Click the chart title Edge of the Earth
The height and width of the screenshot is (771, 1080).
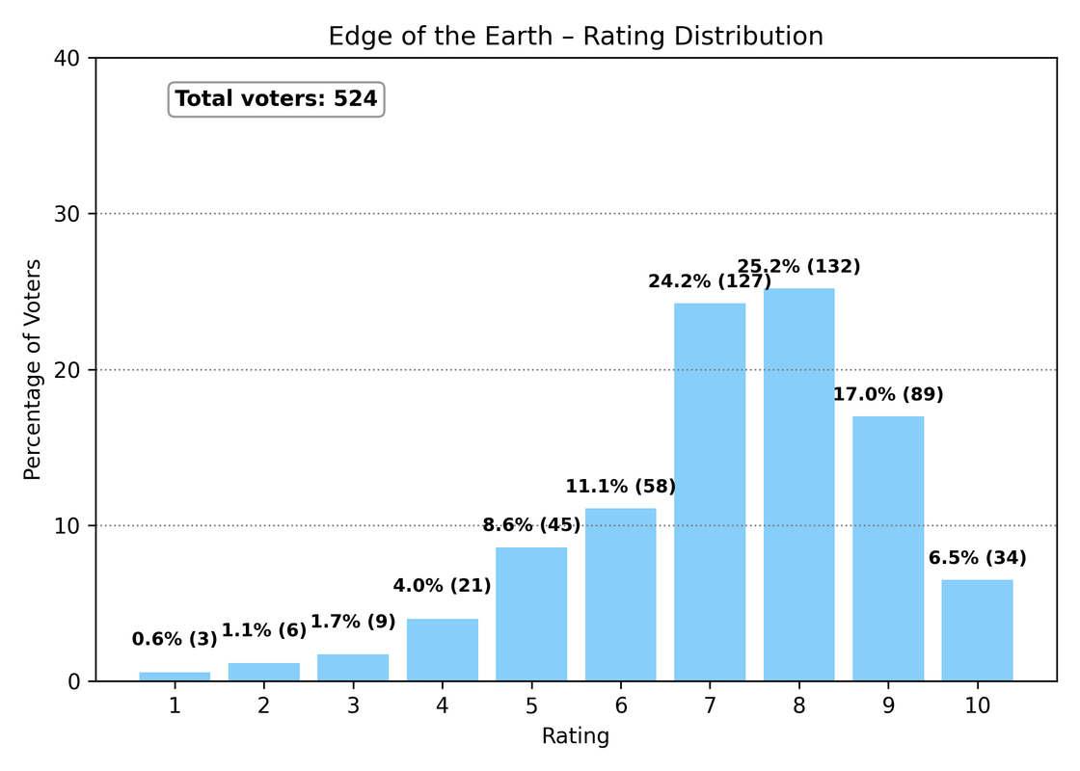click(576, 37)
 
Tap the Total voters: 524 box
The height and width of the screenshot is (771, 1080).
click(276, 99)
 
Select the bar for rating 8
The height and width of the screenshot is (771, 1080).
click(798, 485)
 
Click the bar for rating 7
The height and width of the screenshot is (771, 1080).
click(710, 492)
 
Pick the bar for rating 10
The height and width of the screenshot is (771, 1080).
click(977, 630)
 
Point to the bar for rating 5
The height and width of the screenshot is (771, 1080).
click(531, 615)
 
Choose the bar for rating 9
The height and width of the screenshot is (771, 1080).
click(888, 548)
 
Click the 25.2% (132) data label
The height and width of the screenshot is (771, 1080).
click(798, 267)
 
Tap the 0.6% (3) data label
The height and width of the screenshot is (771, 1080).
click(175, 639)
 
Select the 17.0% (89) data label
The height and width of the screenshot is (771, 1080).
click(888, 394)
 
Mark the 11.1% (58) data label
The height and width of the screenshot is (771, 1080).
click(620, 487)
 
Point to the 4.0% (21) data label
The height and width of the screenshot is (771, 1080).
click(442, 586)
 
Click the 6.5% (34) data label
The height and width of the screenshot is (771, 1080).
click(977, 558)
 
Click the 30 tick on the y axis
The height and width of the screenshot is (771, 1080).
click(72, 214)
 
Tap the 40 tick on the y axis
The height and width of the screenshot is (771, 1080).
click(72, 58)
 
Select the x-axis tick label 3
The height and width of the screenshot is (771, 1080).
click(353, 706)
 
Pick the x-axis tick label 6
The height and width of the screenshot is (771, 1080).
click(620, 706)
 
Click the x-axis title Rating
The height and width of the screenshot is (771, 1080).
click(576, 737)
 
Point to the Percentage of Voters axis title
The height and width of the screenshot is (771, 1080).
click(33, 369)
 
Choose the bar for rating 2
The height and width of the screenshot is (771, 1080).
click(263, 672)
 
